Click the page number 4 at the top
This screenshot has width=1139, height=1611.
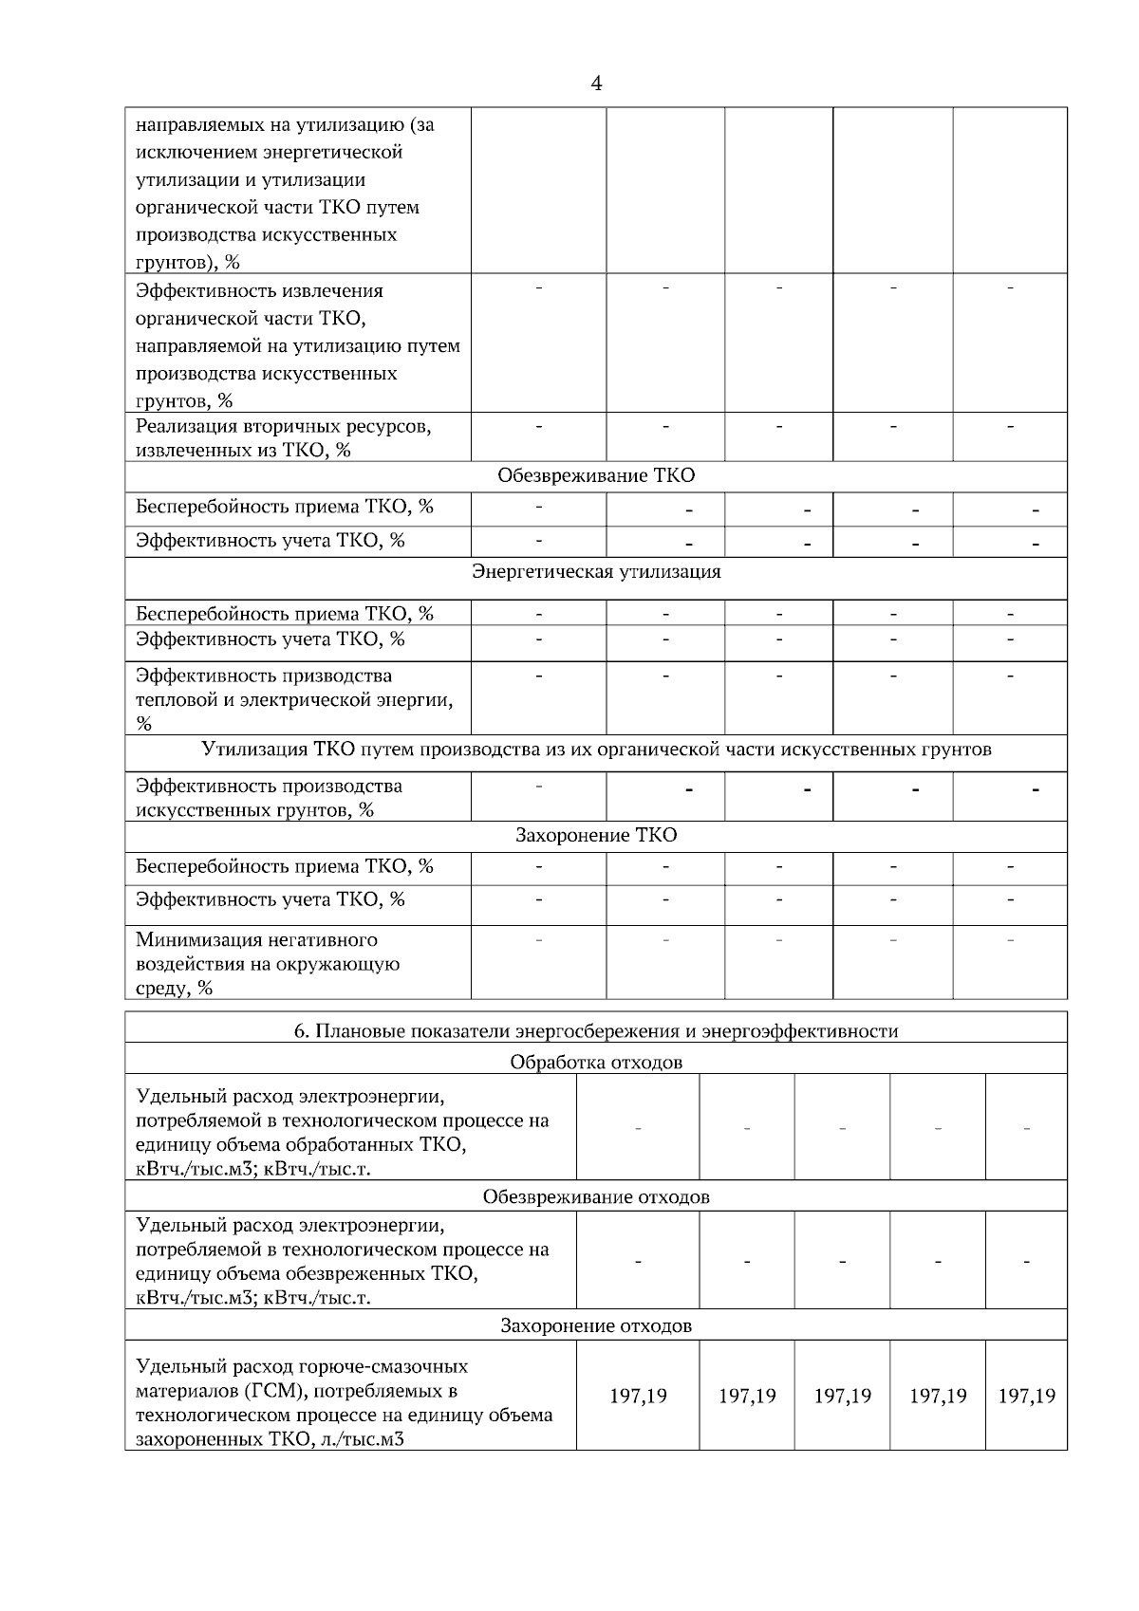tap(596, 84)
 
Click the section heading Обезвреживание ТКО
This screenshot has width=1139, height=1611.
tap(596, 475)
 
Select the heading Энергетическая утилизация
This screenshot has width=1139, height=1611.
tap(596, 571)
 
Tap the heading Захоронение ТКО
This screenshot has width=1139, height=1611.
tap(596, 835)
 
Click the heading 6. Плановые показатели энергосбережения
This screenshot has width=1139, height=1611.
tap(596, 1030)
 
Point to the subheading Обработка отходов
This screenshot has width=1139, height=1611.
tap(596, 1062)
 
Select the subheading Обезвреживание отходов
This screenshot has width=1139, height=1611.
tap(596, 1196)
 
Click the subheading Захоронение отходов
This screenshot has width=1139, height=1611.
tap(596, 1325)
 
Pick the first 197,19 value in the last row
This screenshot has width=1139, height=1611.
tap(638, 1396)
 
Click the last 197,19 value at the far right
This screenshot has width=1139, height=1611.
tap(1027, 1396)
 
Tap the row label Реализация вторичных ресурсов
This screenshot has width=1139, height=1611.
tap(284, 427)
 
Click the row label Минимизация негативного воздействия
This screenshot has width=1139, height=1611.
tap(256, 940)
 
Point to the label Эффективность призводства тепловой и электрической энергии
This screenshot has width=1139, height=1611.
tap(264, 676)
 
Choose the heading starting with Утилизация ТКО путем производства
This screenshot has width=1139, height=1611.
tap(596, 750)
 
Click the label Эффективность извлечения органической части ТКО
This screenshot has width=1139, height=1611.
tap(259, 291)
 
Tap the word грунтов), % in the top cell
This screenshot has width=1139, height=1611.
tap(188, 263)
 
